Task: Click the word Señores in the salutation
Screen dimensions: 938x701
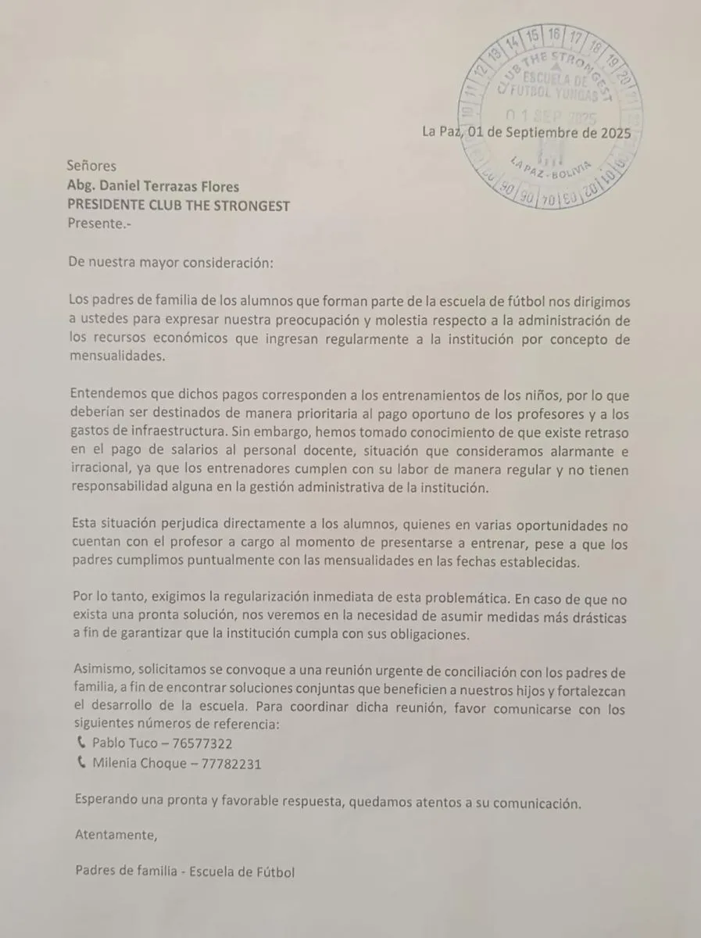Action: click(x=91, y=166)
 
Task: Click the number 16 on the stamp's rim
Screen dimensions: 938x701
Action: click(x=554, y=34)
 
